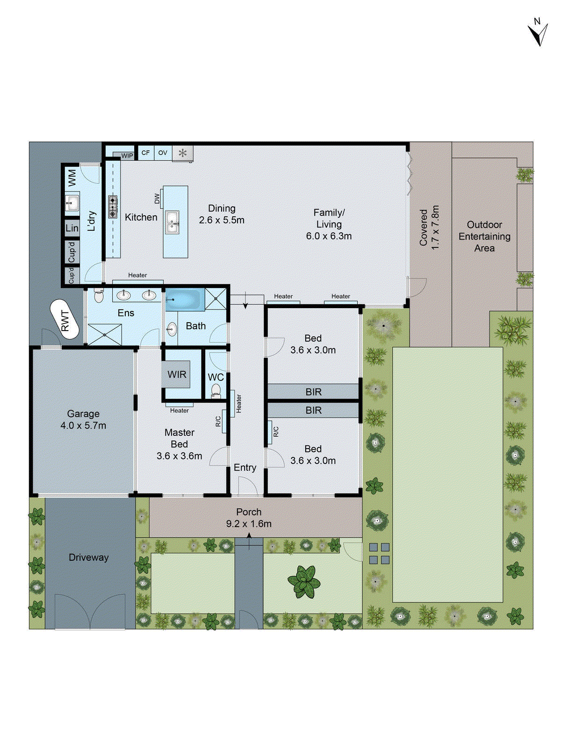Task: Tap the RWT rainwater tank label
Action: pos(65,320)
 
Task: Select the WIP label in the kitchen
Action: pos(127,155)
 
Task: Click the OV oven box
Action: pos(163,153)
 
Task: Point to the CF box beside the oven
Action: pos(146,153)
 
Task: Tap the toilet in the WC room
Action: pos(216,390)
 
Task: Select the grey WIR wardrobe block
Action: pos(176,374)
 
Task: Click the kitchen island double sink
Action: pos(172,221)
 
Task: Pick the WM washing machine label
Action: pos(72,177)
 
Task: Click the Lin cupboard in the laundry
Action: pos(72,228)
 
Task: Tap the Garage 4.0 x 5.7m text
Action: pos(83,419)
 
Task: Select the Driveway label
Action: pos(88,557)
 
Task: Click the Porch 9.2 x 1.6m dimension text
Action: pos(249,524)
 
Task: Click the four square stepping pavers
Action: pos(379,553)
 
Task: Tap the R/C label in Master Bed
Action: pos(218,421)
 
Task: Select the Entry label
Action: pos(245,467)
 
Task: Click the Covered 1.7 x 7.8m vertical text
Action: pos(429,227)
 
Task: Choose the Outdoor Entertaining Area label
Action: pos(484,236)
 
